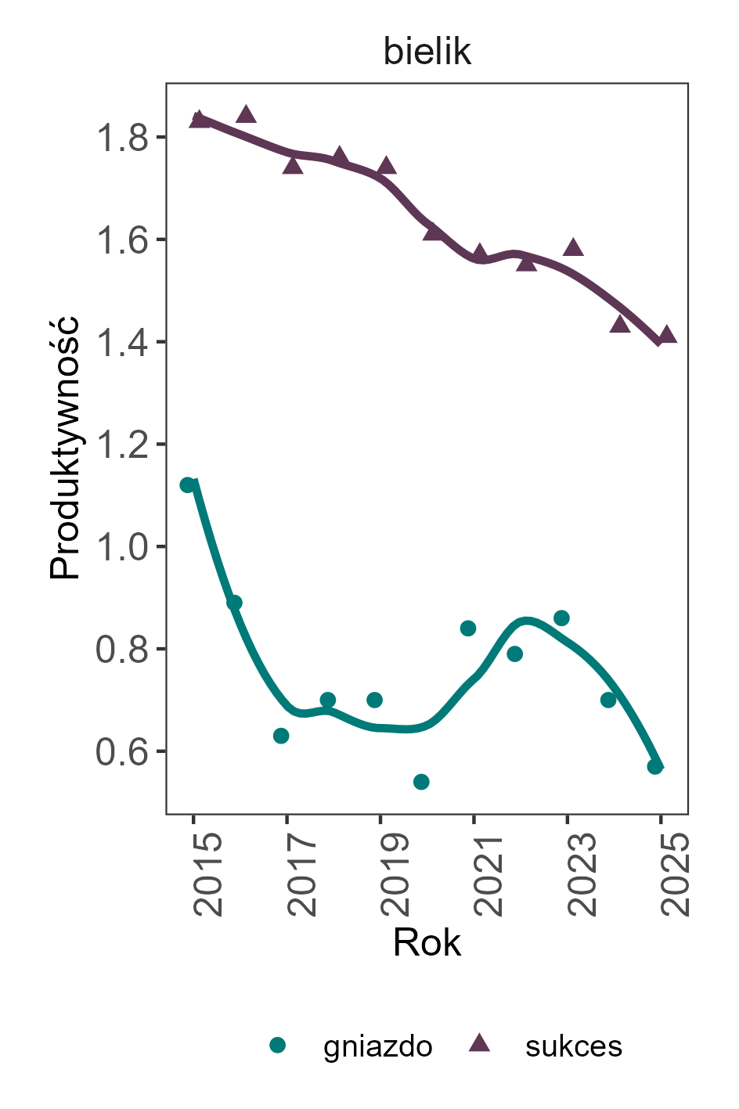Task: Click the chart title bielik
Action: (x=427, y=52)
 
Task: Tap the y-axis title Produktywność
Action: (x=66, y=447)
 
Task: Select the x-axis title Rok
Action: (x=427, y=942)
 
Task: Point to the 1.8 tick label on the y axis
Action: (x=121, y=139)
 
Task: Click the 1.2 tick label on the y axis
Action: (x=121, y=445)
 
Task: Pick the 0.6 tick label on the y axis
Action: (x=121, y=752)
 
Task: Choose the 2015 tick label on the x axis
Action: (x=207, y=874)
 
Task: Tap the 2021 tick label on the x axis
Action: (x=487, y=874)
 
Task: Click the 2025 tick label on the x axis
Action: (x=674, y=874)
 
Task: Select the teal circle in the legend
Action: (x=278, y=1045)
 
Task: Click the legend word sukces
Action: (x=574, y=1046)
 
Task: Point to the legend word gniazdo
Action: (x=377, y=1046)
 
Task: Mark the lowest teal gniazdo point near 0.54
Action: (x=421, y=782)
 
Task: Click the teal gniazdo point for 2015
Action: (x=188, y=485)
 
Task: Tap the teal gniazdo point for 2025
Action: (x=655, y=766)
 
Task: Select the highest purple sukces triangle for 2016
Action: (x=246, y=115)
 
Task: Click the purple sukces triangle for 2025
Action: (x=667, y=335)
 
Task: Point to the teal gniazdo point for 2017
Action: (x=281, y=736)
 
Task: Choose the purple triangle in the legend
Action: (x=479, y=1043)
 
